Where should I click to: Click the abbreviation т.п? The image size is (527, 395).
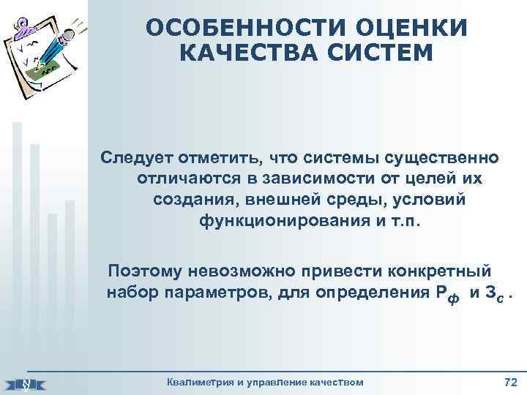point(406,221)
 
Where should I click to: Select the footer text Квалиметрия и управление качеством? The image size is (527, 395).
point(265,382)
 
